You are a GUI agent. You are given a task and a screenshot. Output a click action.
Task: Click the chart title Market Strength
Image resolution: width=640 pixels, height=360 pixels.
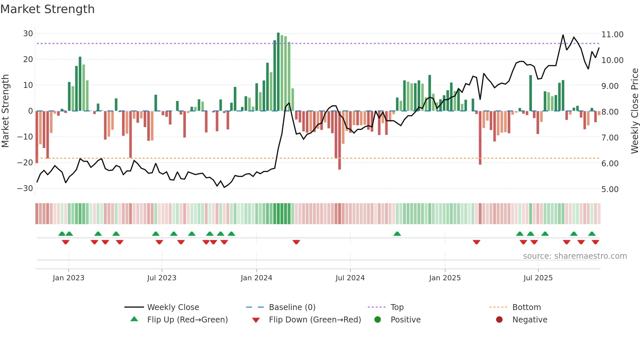47,9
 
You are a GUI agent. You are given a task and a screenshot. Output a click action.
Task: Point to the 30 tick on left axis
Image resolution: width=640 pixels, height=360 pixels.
28,34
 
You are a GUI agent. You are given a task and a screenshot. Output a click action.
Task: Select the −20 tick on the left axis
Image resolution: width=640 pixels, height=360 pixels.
25,163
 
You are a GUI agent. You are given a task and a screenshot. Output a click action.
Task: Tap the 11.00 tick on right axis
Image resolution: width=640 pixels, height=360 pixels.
612,35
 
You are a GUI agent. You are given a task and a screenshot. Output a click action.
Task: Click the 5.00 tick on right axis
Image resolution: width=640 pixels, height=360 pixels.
610,189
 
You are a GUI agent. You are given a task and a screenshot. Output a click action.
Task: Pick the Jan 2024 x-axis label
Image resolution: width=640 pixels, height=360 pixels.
256,278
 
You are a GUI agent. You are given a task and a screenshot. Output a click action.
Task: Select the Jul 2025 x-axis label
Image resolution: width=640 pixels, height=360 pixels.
538,278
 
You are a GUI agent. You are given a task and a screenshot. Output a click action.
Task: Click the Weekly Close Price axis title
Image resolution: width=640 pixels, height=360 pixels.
634,111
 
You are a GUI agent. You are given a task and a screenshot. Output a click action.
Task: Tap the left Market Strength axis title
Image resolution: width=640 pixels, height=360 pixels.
5,111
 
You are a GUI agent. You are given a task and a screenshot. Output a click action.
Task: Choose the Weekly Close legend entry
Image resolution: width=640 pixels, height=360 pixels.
173,307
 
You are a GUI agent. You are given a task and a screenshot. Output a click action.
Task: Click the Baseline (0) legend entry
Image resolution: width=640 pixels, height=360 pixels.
292,307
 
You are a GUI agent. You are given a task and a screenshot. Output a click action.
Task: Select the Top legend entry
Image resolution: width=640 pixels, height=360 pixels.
397,307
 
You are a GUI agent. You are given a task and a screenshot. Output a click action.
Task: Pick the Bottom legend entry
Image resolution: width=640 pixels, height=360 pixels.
526,307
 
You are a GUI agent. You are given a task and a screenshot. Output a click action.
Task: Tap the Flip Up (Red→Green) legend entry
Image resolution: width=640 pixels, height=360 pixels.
187,320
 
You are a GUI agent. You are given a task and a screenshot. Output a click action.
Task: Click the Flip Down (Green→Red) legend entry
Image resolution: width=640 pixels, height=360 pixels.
315,320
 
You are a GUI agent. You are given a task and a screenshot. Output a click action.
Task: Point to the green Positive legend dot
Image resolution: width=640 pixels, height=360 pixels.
377,320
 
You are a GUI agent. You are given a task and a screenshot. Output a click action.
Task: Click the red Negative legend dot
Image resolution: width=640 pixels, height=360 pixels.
499,320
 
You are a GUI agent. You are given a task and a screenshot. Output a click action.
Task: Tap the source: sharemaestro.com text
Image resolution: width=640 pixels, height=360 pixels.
575,256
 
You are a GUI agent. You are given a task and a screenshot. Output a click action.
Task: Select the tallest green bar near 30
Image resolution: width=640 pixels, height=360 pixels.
278,72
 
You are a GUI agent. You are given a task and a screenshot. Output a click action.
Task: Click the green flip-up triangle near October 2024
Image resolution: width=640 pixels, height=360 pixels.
397,234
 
